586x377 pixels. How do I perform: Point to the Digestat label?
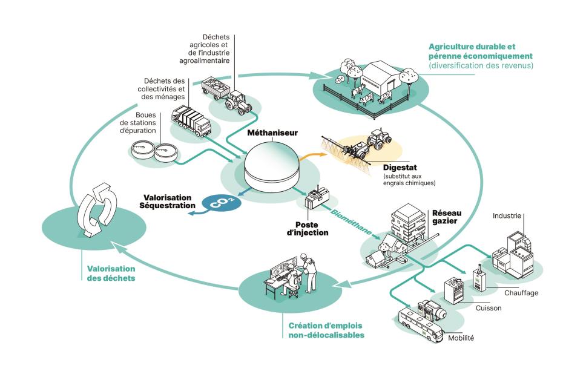400,167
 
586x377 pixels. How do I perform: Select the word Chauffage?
521,293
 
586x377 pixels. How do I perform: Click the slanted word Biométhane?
351,221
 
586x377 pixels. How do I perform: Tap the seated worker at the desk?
290,278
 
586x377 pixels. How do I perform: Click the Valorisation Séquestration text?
167,202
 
